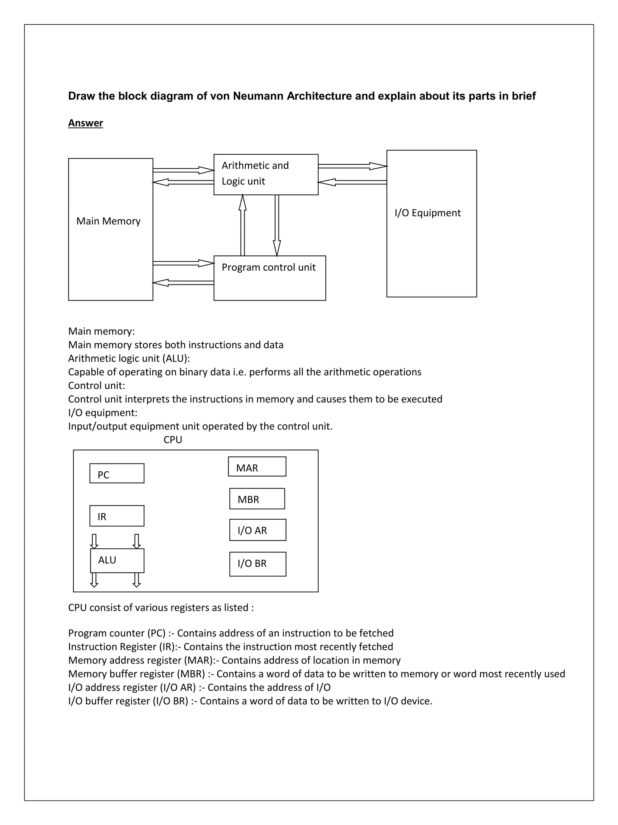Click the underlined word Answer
pos(85,123)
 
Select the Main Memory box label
pos(108,221)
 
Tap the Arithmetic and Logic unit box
pos(266,174)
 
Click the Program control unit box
pos(269,278)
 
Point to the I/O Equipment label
pos(427,213)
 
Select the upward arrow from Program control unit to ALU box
pos(242,225)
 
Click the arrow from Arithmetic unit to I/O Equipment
pos(352,166)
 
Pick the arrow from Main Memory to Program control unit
pos(183,263)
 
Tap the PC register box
pos(117,473)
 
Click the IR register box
pos(117,516)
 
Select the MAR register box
pos(257,467)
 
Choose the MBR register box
pos(257,499)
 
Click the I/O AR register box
pos(258,530)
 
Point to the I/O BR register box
pos(258,564)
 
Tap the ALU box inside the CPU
pos(117,561)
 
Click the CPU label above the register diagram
pos(173,440)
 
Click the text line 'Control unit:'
pos(97,386)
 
